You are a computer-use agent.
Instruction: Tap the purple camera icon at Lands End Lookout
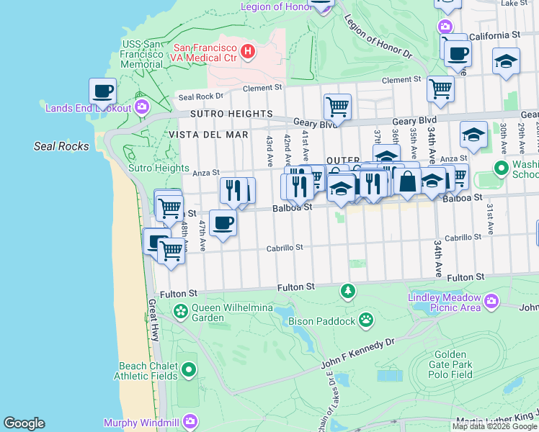141,108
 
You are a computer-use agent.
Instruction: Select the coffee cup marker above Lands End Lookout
103,92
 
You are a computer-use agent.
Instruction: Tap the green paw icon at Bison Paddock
367,318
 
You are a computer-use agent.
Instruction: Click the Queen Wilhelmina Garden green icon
181,312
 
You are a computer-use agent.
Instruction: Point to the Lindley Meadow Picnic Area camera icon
491,300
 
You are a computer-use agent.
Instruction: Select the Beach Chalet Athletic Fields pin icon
189,370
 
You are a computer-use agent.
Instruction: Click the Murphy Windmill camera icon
190,421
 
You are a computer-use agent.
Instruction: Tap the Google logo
24,423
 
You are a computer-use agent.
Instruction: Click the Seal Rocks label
62,146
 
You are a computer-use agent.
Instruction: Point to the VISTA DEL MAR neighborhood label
209,135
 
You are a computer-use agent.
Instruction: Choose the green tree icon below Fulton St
348,290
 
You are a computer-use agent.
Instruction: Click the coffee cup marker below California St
458,53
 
